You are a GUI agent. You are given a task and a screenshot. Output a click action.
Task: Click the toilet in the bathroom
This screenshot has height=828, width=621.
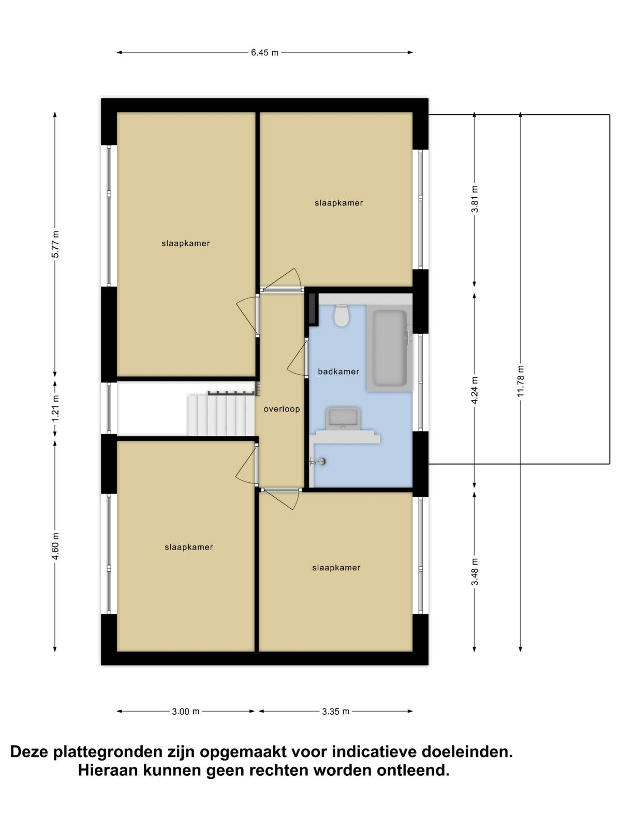(342, 316)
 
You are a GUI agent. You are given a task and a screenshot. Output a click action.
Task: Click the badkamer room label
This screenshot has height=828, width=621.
(338, 372)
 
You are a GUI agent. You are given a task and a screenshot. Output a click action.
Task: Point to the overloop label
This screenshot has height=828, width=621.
(282, 409)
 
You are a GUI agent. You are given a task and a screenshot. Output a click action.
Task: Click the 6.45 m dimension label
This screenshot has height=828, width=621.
(264, 53)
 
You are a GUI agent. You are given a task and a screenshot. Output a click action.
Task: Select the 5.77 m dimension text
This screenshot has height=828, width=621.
(55, 244)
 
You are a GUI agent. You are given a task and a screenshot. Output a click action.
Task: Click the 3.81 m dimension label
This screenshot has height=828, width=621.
(475, 199)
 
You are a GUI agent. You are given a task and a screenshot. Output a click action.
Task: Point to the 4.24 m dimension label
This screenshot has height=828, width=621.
(475, 390)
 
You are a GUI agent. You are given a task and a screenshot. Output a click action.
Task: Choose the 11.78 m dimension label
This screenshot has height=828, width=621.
(521, 380)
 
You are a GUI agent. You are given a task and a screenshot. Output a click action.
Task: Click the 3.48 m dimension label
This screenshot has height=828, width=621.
(475, 571)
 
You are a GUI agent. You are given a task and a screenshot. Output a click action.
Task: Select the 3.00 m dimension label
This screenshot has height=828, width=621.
(185, 712)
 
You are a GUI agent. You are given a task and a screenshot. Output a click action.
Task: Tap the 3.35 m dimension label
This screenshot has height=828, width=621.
(335, 712)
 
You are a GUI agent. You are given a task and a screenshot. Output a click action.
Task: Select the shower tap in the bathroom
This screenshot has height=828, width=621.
(318, 461)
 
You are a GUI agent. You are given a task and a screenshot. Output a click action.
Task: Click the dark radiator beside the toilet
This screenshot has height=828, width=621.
(313, 309)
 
